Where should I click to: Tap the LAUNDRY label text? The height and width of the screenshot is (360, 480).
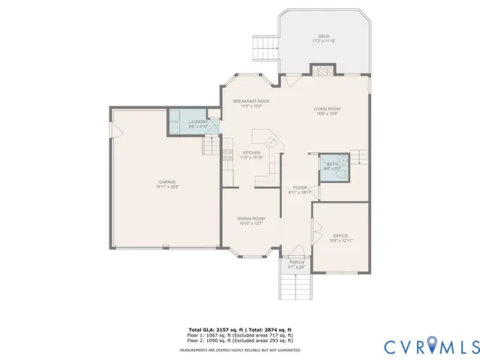[x=198, y=121]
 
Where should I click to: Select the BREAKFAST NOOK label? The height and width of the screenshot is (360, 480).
[x=250, y=101]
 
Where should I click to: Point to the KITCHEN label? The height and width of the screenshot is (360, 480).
[x=250, y=153]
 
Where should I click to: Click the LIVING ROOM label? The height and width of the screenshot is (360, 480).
[x=327, y=109]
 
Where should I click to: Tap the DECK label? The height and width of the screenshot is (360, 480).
[x=323, y=37]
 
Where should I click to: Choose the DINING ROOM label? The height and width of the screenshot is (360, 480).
[x=251, y=218]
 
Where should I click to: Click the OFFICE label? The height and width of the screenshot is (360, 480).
[x=340, y=236]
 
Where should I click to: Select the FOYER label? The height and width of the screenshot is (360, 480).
[x=298, y=188]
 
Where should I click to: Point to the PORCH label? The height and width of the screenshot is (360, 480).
[x=298, y=262]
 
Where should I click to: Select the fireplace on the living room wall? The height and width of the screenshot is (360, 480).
[x=322, y=70]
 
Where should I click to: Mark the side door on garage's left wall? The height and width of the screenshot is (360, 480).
[x=115, y=131]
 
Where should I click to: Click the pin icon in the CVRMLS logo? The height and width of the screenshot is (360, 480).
[x=433, y=346]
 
